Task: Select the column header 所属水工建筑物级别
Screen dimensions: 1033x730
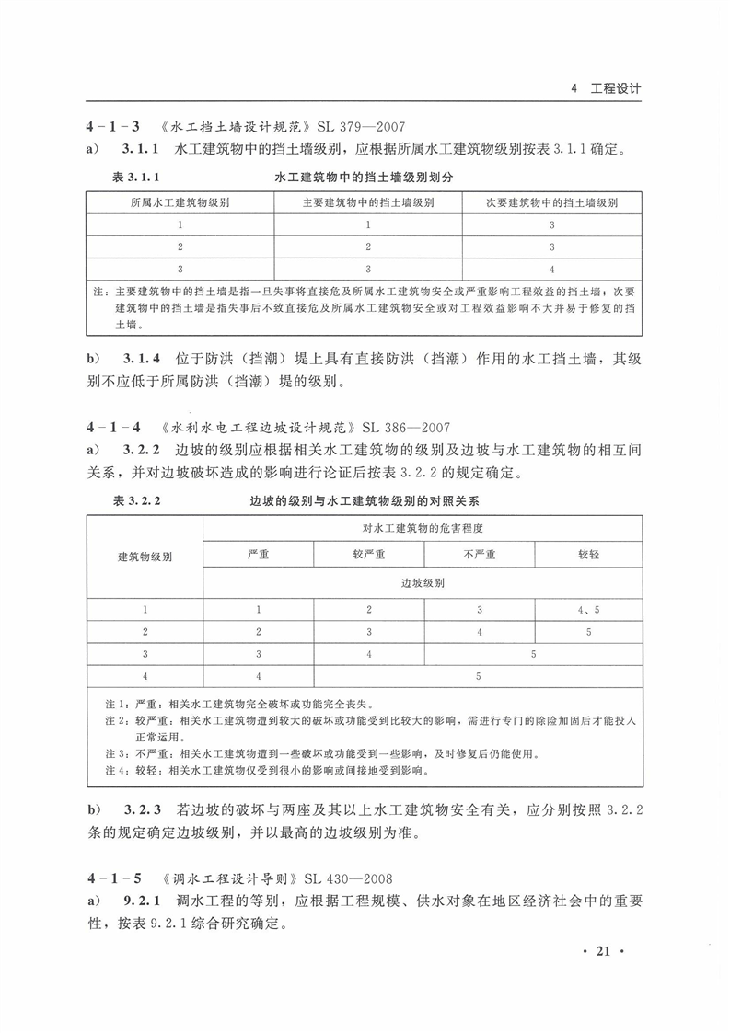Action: [180, 202]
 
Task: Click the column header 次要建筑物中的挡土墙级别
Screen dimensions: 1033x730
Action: [550, 202]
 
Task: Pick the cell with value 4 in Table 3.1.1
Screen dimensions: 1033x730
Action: [550, 270]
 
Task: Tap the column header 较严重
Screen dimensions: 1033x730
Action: [368, 555]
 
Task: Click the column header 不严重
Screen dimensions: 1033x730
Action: [479, 555]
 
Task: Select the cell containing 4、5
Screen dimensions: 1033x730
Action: [588, 610]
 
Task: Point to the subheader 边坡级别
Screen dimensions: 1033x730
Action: [423, 583]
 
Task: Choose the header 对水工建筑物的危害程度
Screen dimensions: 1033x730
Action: [423, 529]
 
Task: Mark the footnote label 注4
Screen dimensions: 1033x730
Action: [105, 771]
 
